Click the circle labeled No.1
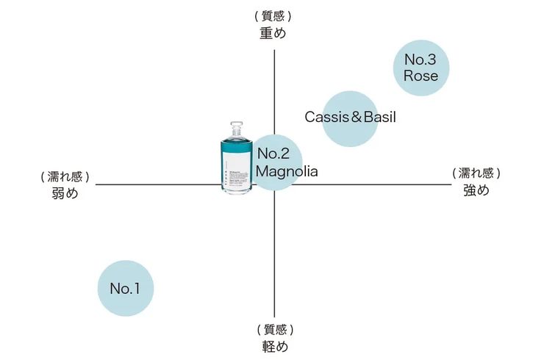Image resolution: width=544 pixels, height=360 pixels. pyautogui.click(x=126, y=289)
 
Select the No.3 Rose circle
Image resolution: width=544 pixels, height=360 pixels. pyautogui.click(x=421, y=68)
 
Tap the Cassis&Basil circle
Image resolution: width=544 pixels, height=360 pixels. pyautogui.click(x=351, y=118)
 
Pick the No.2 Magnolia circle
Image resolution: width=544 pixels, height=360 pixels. pyautogui.click(x=275, y=162)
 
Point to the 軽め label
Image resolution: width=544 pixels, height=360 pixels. pyautogui.click(x=274, y=346)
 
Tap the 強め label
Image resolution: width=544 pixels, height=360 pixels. pyautogui.click(x=476, y=190)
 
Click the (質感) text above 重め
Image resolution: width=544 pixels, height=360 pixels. pyautogui.click(x=273, y=15)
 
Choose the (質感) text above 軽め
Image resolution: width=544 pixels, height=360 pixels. pyautogui.click(x=275, y=329)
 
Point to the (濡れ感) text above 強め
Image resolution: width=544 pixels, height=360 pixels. pyautogui.click(x=476, y=173)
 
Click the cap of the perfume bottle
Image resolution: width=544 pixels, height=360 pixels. pyautogui.click(x=236, y=128)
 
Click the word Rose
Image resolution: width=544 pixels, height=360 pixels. pyautogui.click(x=421, y=76)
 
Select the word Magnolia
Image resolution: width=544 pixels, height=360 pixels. pyautogui.click(x=287, y=172)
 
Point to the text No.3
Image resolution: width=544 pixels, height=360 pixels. pyautogui.click(x=421, y=59)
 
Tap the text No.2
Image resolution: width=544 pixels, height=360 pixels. pyautogui.click(x=273, y=154)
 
